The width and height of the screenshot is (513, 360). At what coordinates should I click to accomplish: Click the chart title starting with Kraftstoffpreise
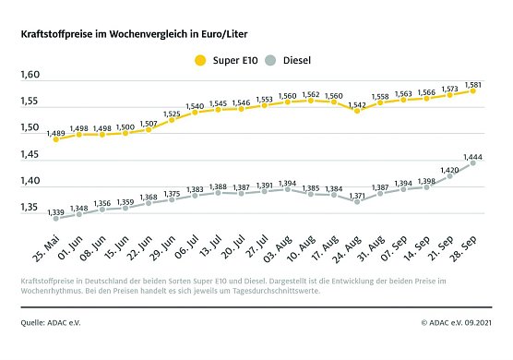click(134, 33)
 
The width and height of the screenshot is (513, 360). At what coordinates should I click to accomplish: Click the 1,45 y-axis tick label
click(31, 155)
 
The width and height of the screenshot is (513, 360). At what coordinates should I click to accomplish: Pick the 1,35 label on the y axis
click(31, 209)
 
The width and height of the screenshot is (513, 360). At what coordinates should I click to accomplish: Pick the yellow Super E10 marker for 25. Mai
click(57, 138)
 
